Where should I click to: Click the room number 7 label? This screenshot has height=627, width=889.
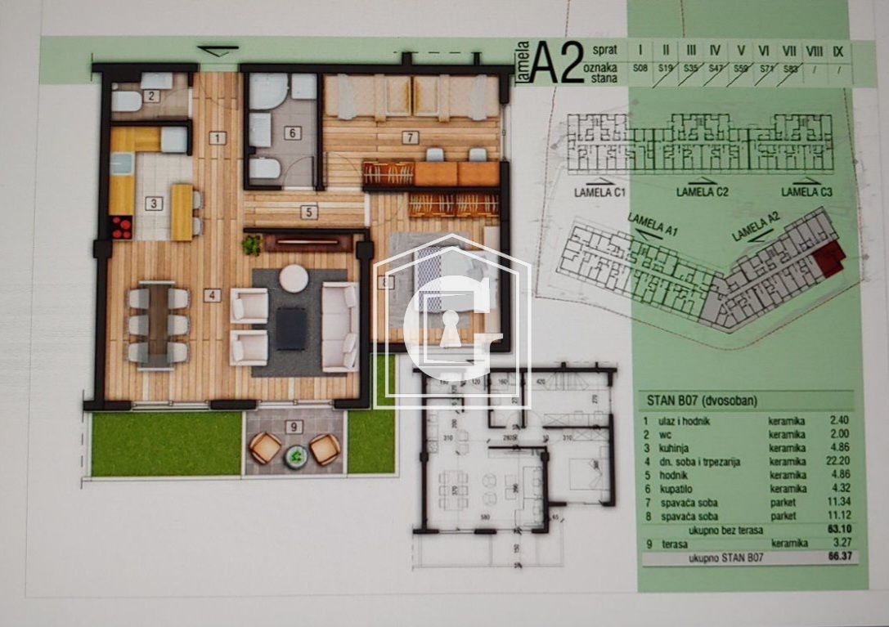tap(410, 137)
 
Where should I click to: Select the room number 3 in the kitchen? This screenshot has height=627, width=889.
tap(153, 204)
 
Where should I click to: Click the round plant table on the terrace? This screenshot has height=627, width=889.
tap(294, 456)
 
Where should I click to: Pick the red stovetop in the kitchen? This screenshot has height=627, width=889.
tap(121, 226)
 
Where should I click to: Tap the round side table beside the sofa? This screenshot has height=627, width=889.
tap(294, 279)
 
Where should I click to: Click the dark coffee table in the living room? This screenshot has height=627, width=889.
tap(291, 327)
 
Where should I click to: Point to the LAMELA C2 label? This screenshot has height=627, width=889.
tap(703, 192)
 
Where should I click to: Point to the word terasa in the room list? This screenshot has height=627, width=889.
tap(671, 543)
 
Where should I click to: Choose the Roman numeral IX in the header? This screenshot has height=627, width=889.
tap(838, 51)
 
